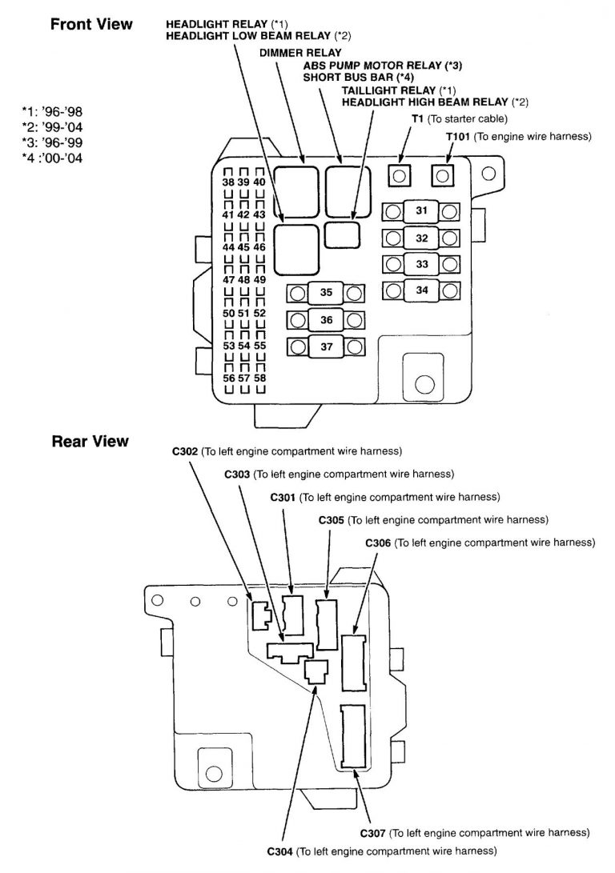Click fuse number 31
click(421, 211)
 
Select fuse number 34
click(421, 290)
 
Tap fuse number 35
click(325, 293)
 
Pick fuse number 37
click(325, 346)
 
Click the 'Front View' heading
click(91, 24)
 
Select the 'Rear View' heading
click(90, 441)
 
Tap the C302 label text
click(185, 451)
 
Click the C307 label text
click(374, 833)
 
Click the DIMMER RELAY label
click(288, 52)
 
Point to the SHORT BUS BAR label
click(346, 78)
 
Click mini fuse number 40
click(259, 182)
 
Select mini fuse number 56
click(229, 378)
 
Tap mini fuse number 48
click(244, 280)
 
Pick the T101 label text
click(457, 137)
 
